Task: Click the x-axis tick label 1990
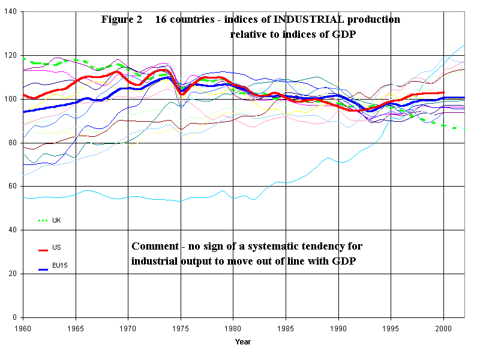click(x=338, y=328)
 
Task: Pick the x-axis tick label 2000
click(x=444, y=328)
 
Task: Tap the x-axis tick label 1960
click(x=23, y=328)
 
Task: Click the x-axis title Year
click(x=243, y=342)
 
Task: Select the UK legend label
click(x=56, y=220)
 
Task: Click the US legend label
click(x=56, y=247)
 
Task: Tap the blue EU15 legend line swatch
click(x=43, y=269)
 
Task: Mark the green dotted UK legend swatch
click(x=43, y=221)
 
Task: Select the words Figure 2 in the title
click(x=122, y=19)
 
